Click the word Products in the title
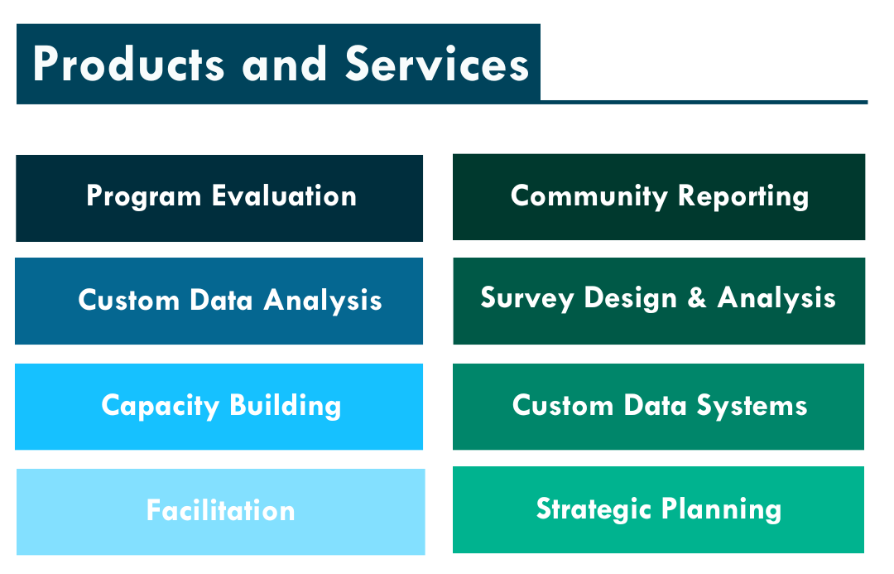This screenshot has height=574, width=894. click(129, 64)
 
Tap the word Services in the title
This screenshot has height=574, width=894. click(437, 64)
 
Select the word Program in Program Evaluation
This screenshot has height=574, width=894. click(144, 197)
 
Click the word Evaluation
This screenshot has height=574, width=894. click(284, 195)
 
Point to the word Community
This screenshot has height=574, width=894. click(589, 197)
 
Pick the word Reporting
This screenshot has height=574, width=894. click(743, 197)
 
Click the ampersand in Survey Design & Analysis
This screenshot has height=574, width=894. click(697, 298)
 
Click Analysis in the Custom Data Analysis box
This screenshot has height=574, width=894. click(323, 301)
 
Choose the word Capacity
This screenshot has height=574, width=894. click(161, 407)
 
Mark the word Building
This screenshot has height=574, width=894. click(286, 407)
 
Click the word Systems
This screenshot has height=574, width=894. click(752, 407)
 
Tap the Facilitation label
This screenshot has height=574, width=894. click(221, 510)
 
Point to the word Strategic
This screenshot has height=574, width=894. click(594, 509)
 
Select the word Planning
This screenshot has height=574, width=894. click(721, 509)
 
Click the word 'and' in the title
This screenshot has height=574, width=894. click(284, 64)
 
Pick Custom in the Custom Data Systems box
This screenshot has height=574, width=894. click(563, 406)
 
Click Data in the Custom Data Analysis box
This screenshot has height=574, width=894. click(221, 300)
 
